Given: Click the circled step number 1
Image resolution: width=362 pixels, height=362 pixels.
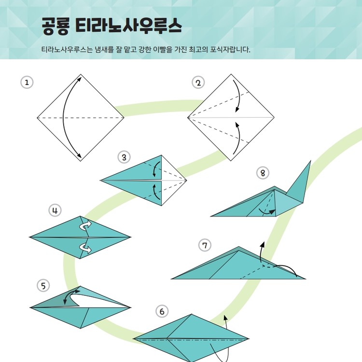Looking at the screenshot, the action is [27, 83].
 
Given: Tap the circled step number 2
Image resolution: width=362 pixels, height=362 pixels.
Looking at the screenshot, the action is [198, 83].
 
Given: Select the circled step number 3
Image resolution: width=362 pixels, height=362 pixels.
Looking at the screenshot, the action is [124, 157].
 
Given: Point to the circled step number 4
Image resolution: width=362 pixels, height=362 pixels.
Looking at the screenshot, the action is [55, 210].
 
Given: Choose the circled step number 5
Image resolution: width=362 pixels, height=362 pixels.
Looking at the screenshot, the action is [43, 286].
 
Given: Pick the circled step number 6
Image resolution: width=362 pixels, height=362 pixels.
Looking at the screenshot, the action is [162, 311].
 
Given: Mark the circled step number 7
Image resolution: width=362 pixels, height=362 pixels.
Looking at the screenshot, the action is [205, 245].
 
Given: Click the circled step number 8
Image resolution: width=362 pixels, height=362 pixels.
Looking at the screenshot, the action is [263, 173].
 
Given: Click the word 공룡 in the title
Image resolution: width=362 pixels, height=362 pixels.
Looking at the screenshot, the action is [56, 26].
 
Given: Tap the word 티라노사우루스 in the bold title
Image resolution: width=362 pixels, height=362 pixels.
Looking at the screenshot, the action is [128, 26].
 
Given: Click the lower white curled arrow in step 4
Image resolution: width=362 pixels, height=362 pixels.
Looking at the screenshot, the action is [85, 248].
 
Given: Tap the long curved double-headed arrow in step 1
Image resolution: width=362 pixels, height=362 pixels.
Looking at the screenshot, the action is [64, 118].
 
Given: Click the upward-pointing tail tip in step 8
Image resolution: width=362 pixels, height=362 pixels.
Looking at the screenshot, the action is [310, 161].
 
